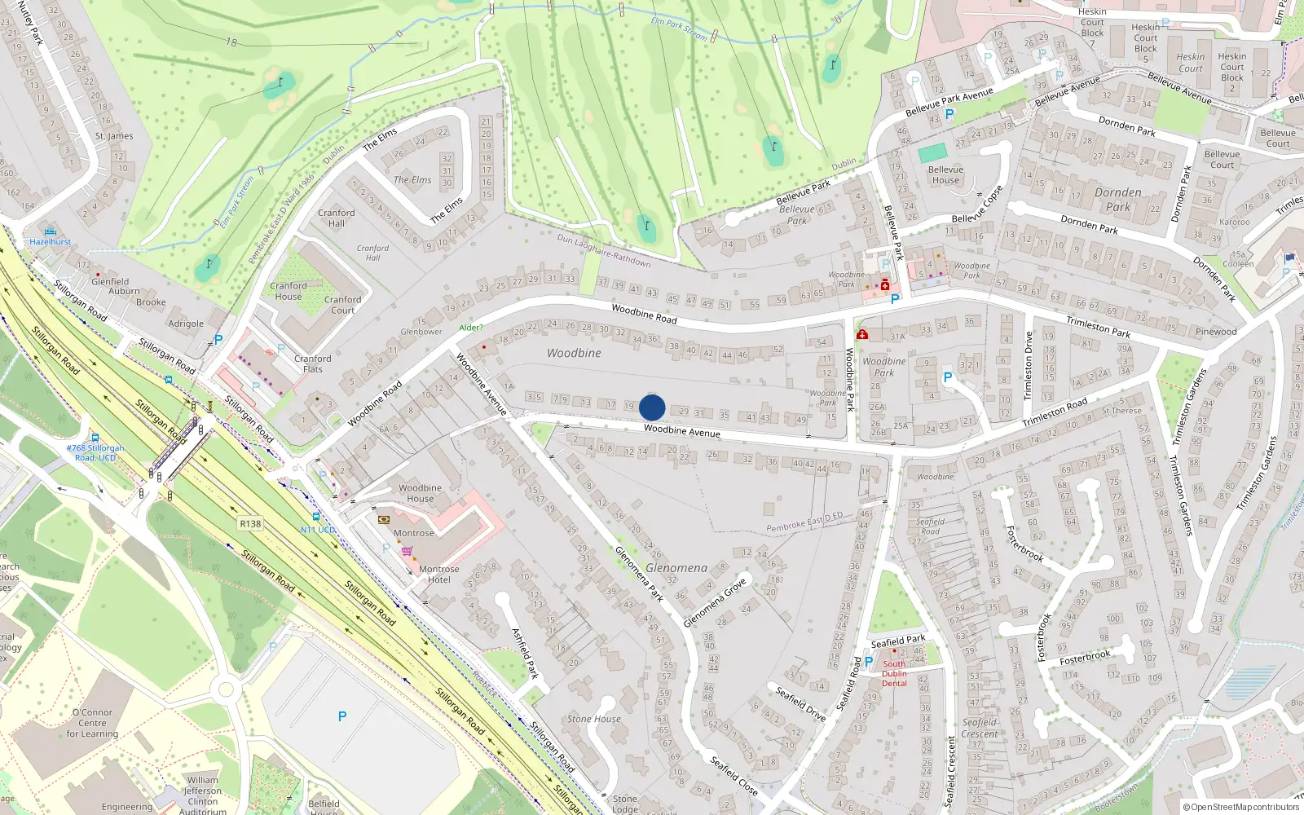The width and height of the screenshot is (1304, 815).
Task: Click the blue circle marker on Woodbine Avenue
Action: [x=652, y=407]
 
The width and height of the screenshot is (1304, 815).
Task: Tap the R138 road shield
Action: [x=250, y=523]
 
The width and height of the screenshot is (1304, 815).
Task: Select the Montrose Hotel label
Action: [x=439, y=575]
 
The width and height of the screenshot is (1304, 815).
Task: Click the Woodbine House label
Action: [x=420, y=493]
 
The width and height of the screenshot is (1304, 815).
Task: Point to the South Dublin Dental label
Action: [x=894, y=673]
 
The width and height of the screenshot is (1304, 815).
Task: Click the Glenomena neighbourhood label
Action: [x=676, y=568]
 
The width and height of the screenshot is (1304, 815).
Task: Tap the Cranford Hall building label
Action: [x=337, y=218]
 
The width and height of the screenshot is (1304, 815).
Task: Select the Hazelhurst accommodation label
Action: [x=51, y=241]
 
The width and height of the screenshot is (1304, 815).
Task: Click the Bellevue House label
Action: [x=945, y=174]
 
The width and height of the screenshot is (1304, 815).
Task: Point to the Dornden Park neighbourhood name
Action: [x=1118, y=200]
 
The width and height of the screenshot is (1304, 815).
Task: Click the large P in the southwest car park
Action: [x=342, y=716]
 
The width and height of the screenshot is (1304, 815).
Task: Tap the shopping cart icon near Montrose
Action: [x=407, y=552]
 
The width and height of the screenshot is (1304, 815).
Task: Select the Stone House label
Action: [x=594, y=719]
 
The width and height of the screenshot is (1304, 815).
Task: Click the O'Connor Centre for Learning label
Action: [x=93, y=723]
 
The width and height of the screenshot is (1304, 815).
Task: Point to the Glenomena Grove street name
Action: [x=715, y=603]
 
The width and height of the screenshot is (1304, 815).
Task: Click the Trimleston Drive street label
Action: [x=1029, y=366]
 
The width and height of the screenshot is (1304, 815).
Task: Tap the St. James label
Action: [x=114, y=136]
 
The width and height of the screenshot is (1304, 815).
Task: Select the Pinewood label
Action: [x=1216, y=332]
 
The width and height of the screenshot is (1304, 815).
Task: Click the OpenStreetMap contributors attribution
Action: [x=1241, y=807]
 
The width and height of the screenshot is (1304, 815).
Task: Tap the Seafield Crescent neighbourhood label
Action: [x=980, y=728]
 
